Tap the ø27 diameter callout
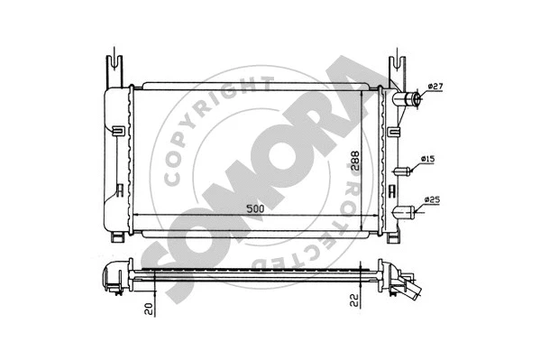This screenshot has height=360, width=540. point(435,87)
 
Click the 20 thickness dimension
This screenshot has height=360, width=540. point(149,309)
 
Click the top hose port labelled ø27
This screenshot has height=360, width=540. point(409,98)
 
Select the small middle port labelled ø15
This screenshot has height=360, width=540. point(404,169)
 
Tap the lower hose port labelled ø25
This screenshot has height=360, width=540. point(407,212)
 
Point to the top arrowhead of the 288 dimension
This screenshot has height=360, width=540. point(364,92)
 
